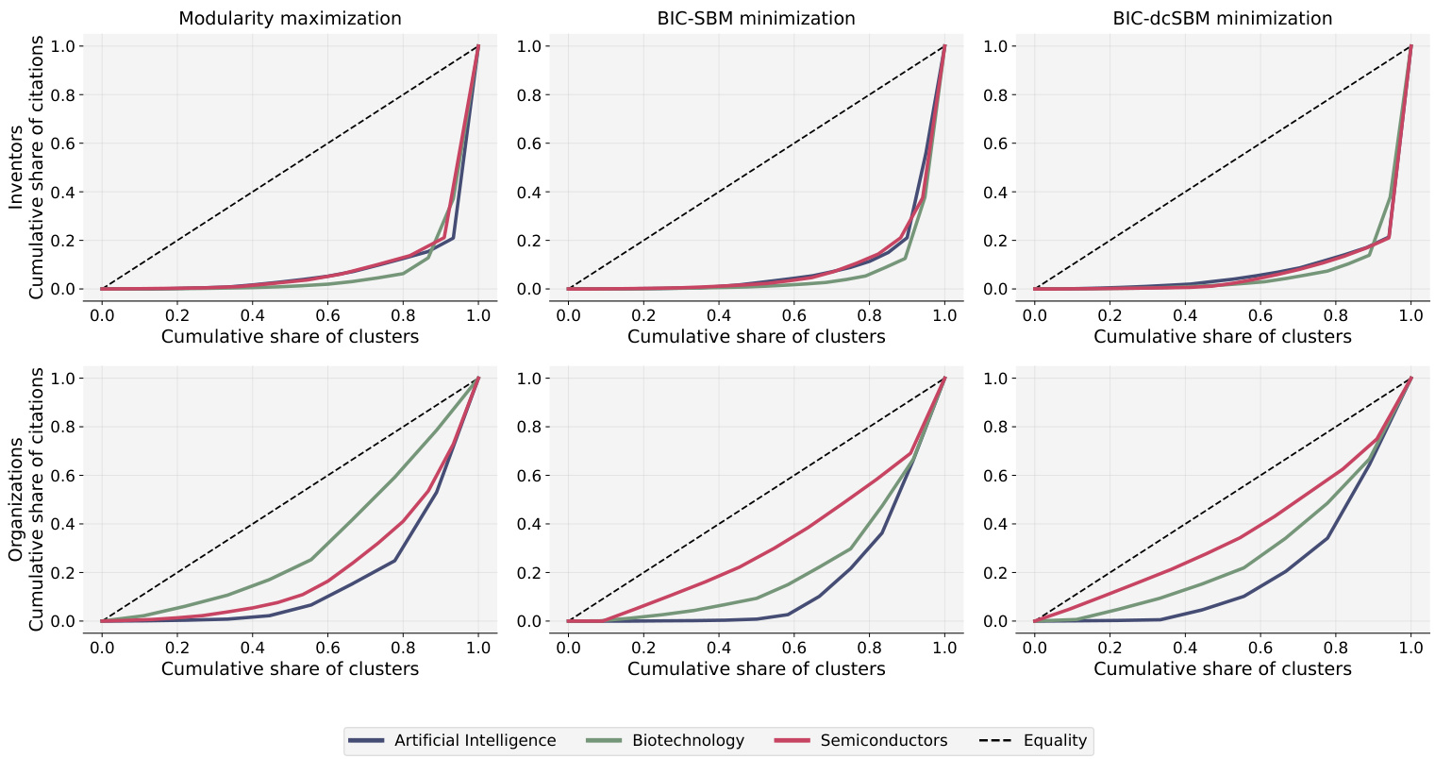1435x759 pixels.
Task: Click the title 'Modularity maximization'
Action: coord(290,18)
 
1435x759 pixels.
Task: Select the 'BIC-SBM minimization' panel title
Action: coord(756,18)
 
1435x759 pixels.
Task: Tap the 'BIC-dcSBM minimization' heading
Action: coord(1222,18)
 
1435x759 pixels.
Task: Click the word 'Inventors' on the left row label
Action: coord(16,168)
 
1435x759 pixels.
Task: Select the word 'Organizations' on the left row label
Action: coord(16,499)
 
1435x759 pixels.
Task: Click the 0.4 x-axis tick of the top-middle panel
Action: coord(719,315)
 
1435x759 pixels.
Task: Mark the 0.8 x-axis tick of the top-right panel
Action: coord(1336,315)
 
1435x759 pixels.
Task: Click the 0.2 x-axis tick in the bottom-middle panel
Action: coord(643,648)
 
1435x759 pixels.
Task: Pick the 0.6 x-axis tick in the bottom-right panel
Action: coord(1260,648)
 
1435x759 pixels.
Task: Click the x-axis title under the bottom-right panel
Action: coord(1222,668)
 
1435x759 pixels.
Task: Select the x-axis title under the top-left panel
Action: coord(290,336)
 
